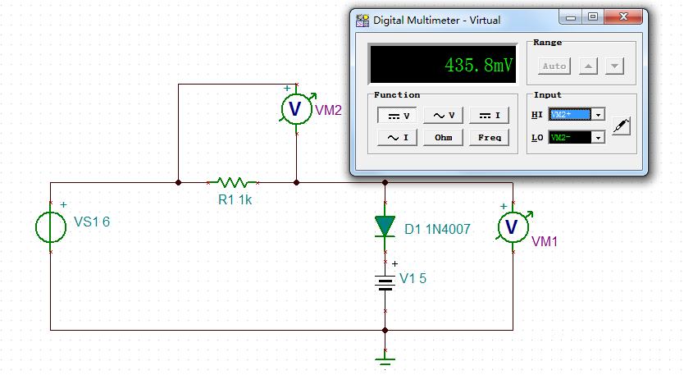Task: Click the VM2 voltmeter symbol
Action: pos(296,109)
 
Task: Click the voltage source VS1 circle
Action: pos(51,226)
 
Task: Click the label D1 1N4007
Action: pos(437,230)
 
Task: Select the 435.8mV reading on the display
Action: pos(479,64)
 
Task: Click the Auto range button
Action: pos(555,66)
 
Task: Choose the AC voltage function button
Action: pos(444,116)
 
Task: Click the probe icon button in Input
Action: pos(623,126)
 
